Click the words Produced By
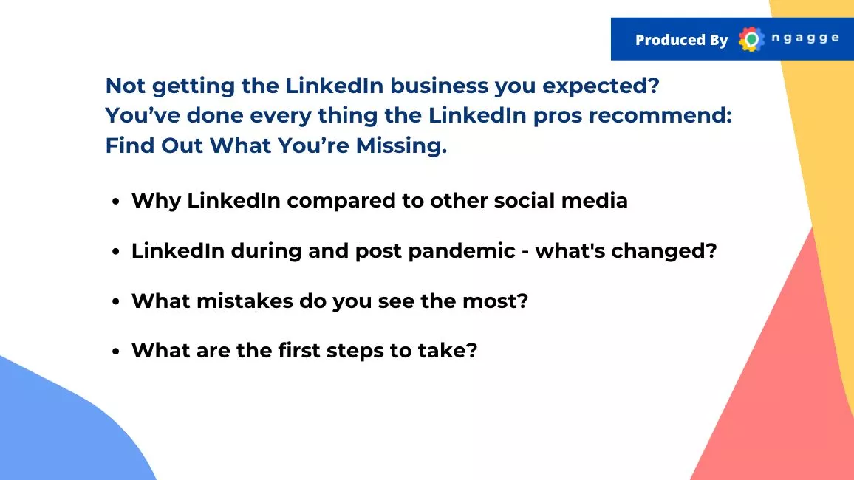(681, 40)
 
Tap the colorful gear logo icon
(751, 39)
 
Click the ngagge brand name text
(805, 38)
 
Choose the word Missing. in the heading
(401, 145)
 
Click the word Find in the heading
(129, 145)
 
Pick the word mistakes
(245, 301)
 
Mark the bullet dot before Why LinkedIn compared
(115, 202)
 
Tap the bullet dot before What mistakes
(115, 302)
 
